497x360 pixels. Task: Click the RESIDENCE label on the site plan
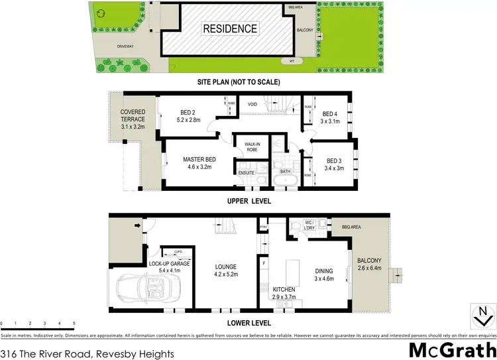[x=229, y=29]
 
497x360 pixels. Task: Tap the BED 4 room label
[x=330, y=113]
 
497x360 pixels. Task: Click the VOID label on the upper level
[x=252, y=104]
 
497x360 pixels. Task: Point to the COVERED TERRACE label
[x=133, y=112]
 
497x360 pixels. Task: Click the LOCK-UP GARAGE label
[x=169, y=264]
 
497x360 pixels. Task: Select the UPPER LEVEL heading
[x=248, y=201]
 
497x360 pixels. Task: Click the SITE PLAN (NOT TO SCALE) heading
[x=239, y=82]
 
